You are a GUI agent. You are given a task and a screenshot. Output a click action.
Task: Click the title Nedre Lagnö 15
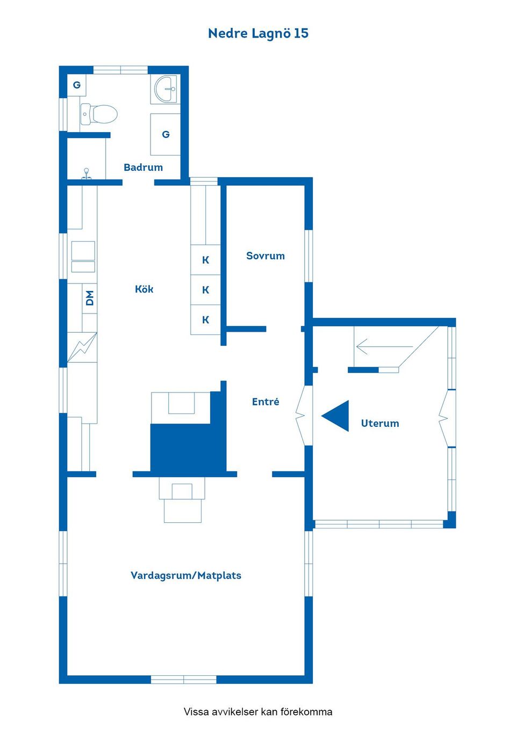pos(258,33)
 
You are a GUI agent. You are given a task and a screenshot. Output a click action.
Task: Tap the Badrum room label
pos(144,167)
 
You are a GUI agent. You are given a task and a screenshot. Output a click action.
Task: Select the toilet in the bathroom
pos(99,114)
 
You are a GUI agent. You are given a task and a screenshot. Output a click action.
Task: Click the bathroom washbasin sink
pos(166,89)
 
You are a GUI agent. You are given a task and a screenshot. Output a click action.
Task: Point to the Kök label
pos(144,289)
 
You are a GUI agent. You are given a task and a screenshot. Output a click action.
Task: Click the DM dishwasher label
pos(90,298)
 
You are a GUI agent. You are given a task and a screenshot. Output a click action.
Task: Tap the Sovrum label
pos(266,256)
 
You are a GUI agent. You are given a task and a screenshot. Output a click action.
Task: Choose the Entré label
pos(266,402)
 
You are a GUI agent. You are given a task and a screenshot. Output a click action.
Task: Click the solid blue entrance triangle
pos(339,416)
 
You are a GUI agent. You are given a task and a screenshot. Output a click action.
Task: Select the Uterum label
pos(380,424)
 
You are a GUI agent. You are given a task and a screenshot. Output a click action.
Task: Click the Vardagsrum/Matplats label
pos(186,575)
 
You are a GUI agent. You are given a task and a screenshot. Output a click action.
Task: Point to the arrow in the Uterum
pos(385,346)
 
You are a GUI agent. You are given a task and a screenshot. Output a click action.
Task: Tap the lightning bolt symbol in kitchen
pos(82,347)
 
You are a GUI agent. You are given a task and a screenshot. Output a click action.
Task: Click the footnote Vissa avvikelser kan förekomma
pos(258,712)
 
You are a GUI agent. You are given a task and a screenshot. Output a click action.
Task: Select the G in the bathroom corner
pos(77,85)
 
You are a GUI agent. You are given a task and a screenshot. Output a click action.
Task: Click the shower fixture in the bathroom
pos(86,174)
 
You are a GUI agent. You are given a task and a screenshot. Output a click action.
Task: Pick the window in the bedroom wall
pos(309,256)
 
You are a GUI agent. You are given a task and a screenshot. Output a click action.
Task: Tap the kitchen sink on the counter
pos(83,257)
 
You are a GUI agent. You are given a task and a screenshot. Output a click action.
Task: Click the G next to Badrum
pos(166,134)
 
